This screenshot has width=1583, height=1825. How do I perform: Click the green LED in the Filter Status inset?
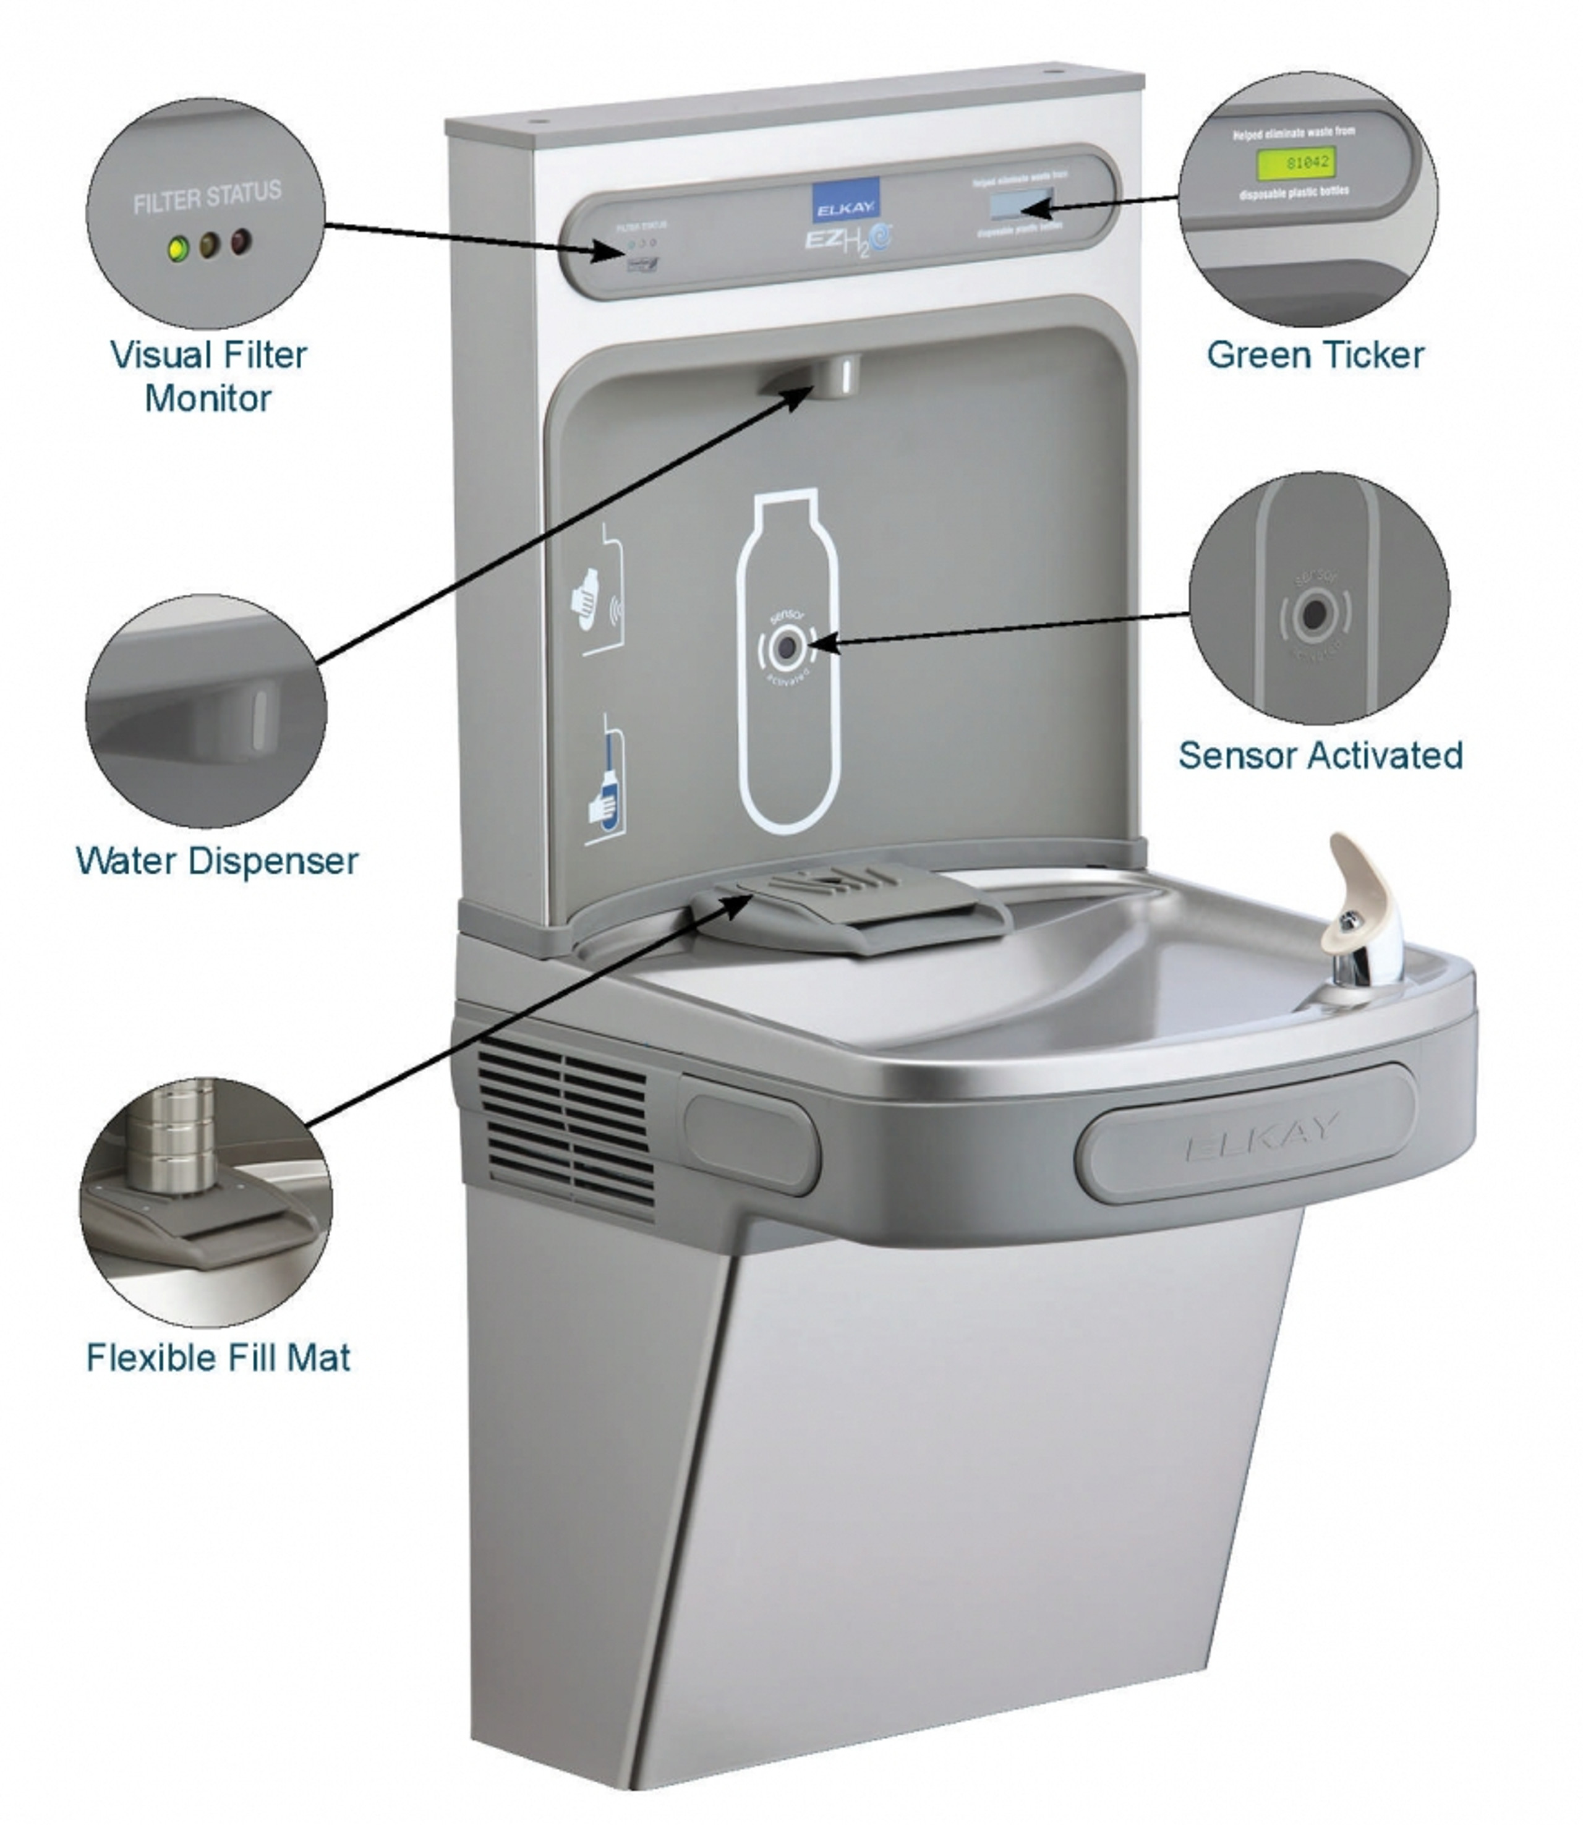tap(179, 249)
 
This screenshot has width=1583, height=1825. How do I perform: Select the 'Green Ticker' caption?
tap(1315, 355)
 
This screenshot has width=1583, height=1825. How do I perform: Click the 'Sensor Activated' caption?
tap(1320, 755)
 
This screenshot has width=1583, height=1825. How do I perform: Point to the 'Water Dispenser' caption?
tap(217, 861)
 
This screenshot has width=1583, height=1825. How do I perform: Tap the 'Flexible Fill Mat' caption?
tap(218, 1358)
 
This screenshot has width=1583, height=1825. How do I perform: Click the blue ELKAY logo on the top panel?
tap(845, 200)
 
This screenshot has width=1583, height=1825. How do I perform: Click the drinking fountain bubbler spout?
tap(1357, 910)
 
